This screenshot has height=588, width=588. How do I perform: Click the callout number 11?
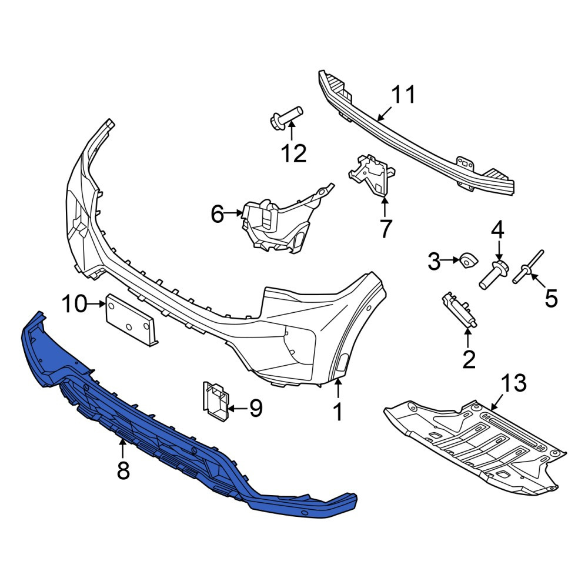coord(403,95)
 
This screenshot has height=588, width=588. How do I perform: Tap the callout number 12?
coord(294,153)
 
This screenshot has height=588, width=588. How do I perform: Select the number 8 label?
coord(123,470)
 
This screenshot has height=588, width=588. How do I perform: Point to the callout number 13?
coord(514,383)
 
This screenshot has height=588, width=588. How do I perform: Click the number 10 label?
coord(74,303)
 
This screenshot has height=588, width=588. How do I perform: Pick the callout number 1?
coord(338,412)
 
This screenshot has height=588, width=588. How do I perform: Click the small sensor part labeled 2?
coord(459,310)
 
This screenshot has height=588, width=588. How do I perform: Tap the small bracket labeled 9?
coord(215,400)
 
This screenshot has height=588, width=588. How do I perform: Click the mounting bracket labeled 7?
coord(372,175)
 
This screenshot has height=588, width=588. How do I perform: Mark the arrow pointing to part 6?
coord(233,213)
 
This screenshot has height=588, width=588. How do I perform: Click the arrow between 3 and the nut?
coord(450,260)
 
